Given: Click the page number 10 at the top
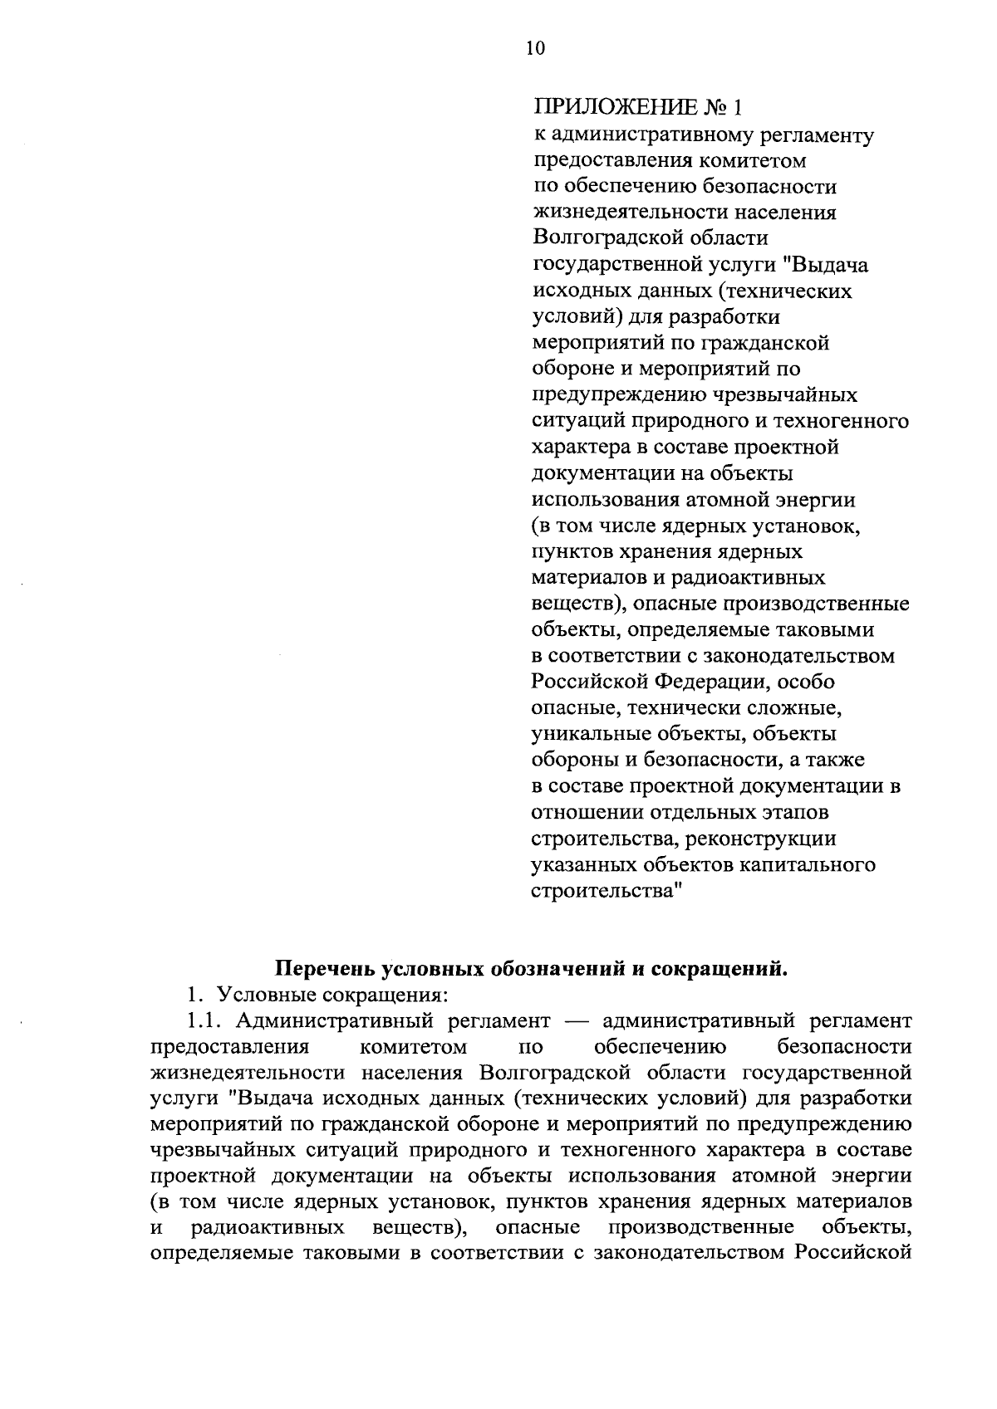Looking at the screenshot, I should tap(535, 48).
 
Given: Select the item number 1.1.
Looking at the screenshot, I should tap(204, 1020).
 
